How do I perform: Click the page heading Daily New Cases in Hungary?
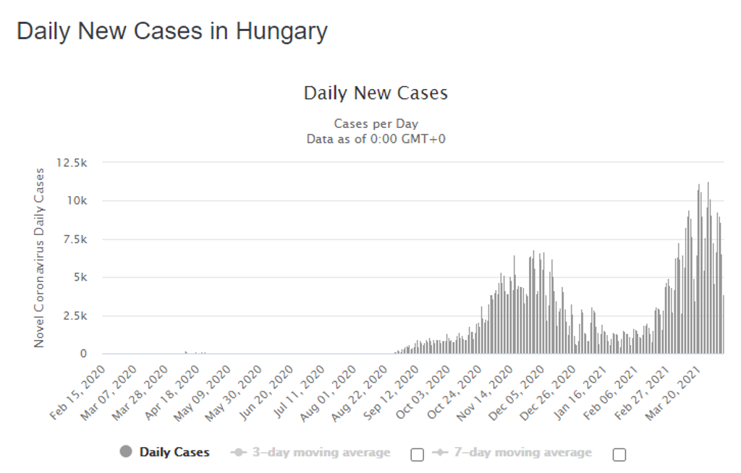point(172,31)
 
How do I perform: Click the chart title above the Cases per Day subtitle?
point(376,93)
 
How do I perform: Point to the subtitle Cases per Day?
point(376,124)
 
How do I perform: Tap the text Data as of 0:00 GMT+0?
point(376,138)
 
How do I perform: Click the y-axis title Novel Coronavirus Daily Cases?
point(39,257)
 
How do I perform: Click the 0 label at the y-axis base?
point(83,354)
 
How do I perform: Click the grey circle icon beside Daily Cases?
point(126,452)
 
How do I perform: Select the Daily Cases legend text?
point(174,452)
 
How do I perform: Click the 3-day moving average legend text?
point(321,453)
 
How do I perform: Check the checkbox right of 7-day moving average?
point(619,454)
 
